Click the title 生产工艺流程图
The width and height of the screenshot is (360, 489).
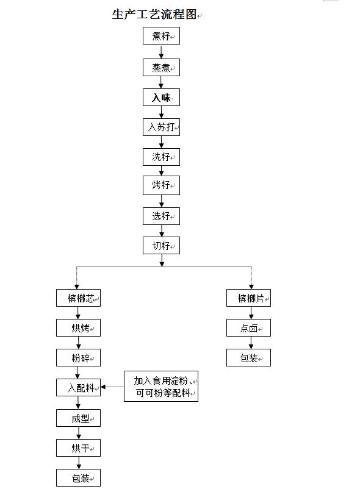click(x=154, y=15)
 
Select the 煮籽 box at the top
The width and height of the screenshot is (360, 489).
click(x=161, y=36)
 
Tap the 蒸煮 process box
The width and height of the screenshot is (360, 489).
click(x=161, y=67)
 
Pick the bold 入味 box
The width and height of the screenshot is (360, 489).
click(x=161, y=98)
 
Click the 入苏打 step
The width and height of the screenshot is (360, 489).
click(x=161, y=127)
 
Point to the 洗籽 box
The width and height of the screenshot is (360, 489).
click(x=161, y=157)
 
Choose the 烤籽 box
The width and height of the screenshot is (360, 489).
click(x=161, y=185)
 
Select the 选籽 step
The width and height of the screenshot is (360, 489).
click(x=161, y=216)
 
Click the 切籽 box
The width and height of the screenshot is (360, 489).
click(x=161, y=246)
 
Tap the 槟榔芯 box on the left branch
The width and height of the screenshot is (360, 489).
click(x=78, y=298)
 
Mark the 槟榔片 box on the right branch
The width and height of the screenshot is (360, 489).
click(x=248, y=298)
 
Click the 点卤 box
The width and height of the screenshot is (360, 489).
click(x=248, y=328)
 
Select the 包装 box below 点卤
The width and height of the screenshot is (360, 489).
click(x=248, y=358)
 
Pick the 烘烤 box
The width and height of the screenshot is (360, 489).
click(x=78, y=328)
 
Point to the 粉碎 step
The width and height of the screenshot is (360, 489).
click(x=78, y=358)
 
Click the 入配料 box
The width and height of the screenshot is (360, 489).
click(x=78, y=387)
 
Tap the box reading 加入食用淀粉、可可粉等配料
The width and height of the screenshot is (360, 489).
click(x=161, y=387)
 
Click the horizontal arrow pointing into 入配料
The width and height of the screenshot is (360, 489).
click(x=112, y=387)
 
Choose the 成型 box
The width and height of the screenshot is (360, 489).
click(x=78, y=418)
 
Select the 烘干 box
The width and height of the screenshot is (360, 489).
click(x=78, y=448)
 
